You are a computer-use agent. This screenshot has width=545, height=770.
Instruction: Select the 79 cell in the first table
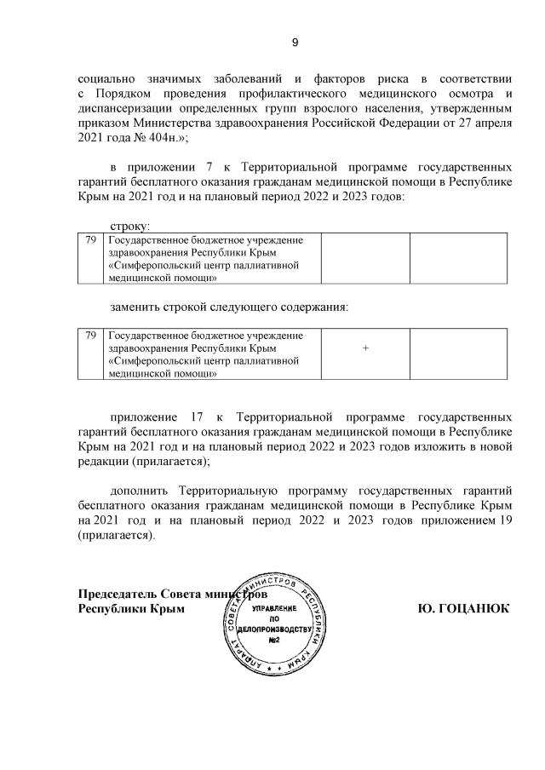90,241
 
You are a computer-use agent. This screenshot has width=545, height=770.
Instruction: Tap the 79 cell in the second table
90,336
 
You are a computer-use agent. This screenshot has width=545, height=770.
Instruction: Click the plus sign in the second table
365,348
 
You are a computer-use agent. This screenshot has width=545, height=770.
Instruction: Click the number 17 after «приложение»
190,417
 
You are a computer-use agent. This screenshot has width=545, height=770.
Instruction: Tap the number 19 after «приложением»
505,523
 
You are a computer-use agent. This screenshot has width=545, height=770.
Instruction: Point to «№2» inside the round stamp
275,640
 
